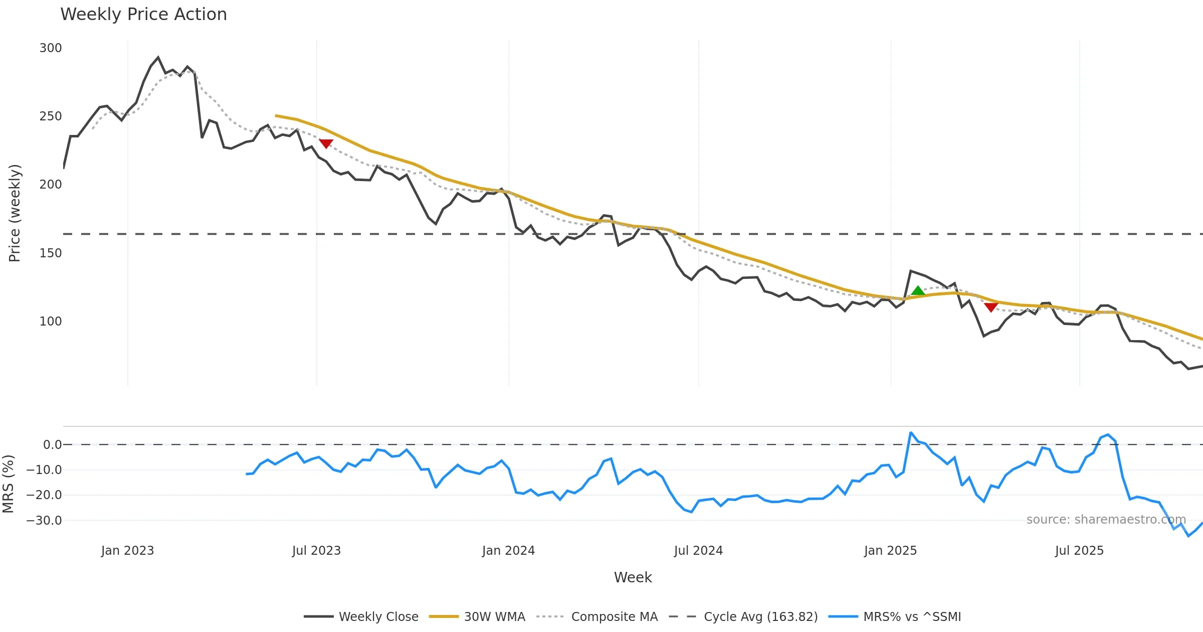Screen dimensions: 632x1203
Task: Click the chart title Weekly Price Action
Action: tap(143, 15)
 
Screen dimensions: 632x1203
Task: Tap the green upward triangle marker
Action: tap(918, 291)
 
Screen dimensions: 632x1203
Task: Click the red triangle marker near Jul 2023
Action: tap(326, 143)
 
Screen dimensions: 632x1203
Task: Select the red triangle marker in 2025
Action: tap(991, 307)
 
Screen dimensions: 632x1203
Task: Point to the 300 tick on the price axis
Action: tap(51, 48)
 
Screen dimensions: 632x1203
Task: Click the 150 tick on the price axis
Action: tap(51, 253)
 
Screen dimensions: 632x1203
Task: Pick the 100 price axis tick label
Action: tap(51, 322)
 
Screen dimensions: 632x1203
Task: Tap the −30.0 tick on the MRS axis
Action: tap(44, 521)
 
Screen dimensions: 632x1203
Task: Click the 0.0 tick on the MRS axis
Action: tap(52, 445)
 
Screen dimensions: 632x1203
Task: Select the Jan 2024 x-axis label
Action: tap(508, 551)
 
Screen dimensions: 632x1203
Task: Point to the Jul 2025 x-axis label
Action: tap(1079, 551)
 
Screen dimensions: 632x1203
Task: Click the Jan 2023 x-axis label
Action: tap(127, 551)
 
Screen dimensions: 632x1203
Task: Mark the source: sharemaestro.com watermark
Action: tap(1106, 520)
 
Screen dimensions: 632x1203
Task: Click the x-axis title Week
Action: tap(633, 578)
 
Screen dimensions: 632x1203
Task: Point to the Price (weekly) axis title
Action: tap(15, 213)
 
